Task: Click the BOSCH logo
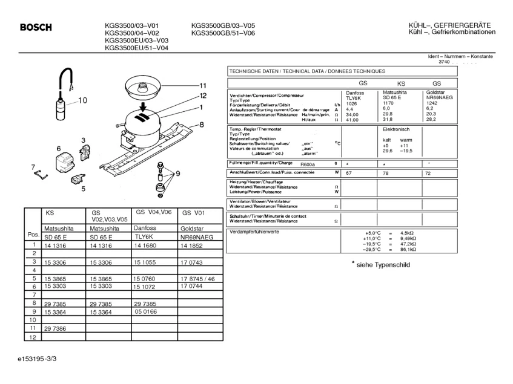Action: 36,27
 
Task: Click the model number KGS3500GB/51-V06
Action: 223,33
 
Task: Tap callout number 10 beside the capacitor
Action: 82,100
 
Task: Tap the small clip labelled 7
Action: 39,175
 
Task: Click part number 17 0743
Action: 192,262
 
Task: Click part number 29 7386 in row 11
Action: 55,328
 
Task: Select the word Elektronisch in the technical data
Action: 397,129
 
